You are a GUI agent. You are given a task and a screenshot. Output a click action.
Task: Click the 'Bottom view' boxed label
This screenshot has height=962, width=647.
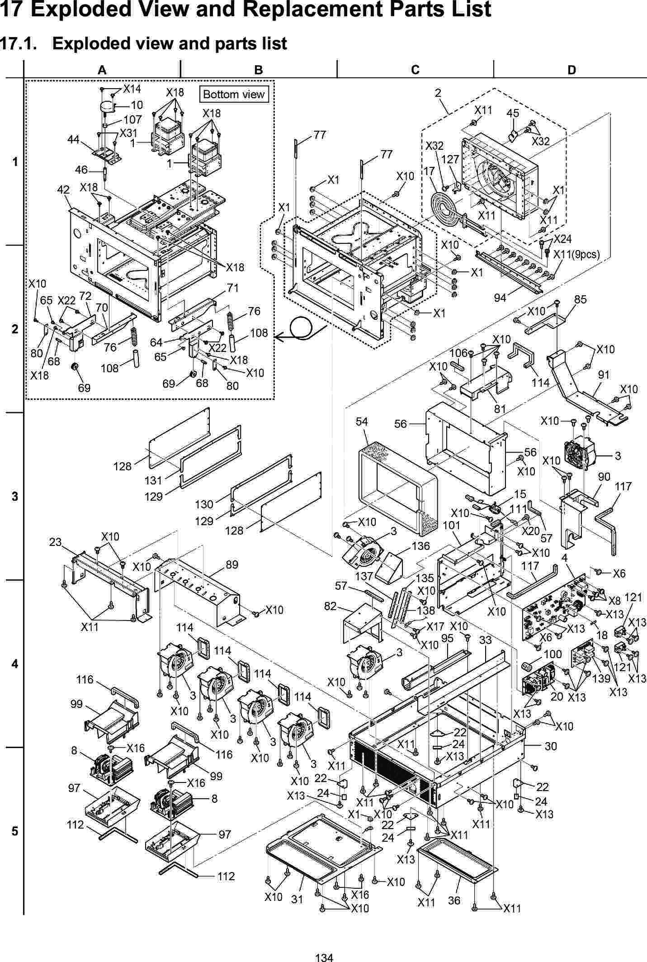[x=234, y=95]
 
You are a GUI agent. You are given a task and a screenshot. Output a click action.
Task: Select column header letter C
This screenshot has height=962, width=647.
[x=415, y=70]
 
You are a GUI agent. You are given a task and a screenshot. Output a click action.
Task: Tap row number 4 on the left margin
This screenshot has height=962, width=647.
[x=15, y=664]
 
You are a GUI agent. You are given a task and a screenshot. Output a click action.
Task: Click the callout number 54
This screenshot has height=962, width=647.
[x=362, y=422]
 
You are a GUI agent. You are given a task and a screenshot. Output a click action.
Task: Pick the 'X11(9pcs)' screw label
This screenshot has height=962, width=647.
[x=577, y=255]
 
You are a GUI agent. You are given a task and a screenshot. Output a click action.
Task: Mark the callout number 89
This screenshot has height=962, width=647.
[x=232, y=564]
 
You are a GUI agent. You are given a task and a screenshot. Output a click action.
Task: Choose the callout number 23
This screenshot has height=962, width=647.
[x=55, y=541]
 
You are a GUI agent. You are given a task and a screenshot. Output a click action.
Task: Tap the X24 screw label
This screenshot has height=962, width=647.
[x=563, y=238]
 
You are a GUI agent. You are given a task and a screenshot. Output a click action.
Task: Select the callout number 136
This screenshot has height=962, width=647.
[x=420, y=546]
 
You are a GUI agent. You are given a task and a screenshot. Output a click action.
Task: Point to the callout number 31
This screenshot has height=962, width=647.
[x=297, y=900]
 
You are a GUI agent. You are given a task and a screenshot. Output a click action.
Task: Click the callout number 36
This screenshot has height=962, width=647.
[x=454, y=900]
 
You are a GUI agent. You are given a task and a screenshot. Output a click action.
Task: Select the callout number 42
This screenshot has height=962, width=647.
[x=63, y=190]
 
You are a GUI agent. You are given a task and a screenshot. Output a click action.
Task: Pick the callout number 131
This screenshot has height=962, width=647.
[x=154, y=479]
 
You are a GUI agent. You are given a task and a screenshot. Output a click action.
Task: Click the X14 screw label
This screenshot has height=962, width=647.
[x=132, y=89]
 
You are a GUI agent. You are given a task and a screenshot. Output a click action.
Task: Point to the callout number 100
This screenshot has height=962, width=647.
[x=553, y=654]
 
